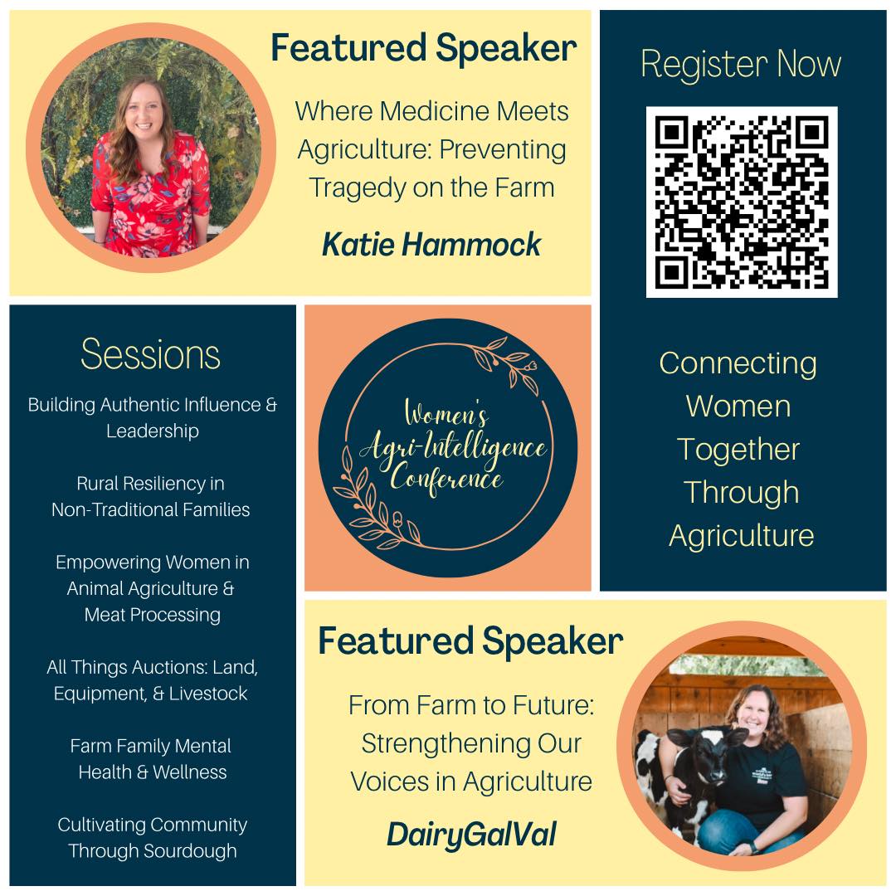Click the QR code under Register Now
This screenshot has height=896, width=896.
coord(742,202)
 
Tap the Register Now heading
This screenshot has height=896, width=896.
coord(741,63)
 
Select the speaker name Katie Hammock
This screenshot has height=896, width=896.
coord(431,245)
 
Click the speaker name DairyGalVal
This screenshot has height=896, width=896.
coord(471,835)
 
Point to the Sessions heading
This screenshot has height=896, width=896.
coord(150,354)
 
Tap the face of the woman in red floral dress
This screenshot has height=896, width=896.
coord(144,110)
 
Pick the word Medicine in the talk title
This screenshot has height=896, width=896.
coord(434,111)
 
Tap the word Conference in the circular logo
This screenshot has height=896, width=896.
coord(446,479)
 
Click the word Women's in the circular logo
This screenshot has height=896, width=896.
coord(446,413)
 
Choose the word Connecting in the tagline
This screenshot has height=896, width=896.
coord(738,364)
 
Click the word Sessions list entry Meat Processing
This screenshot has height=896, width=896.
coord(153,615)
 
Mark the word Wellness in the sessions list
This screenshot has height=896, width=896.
coord(190,772)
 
